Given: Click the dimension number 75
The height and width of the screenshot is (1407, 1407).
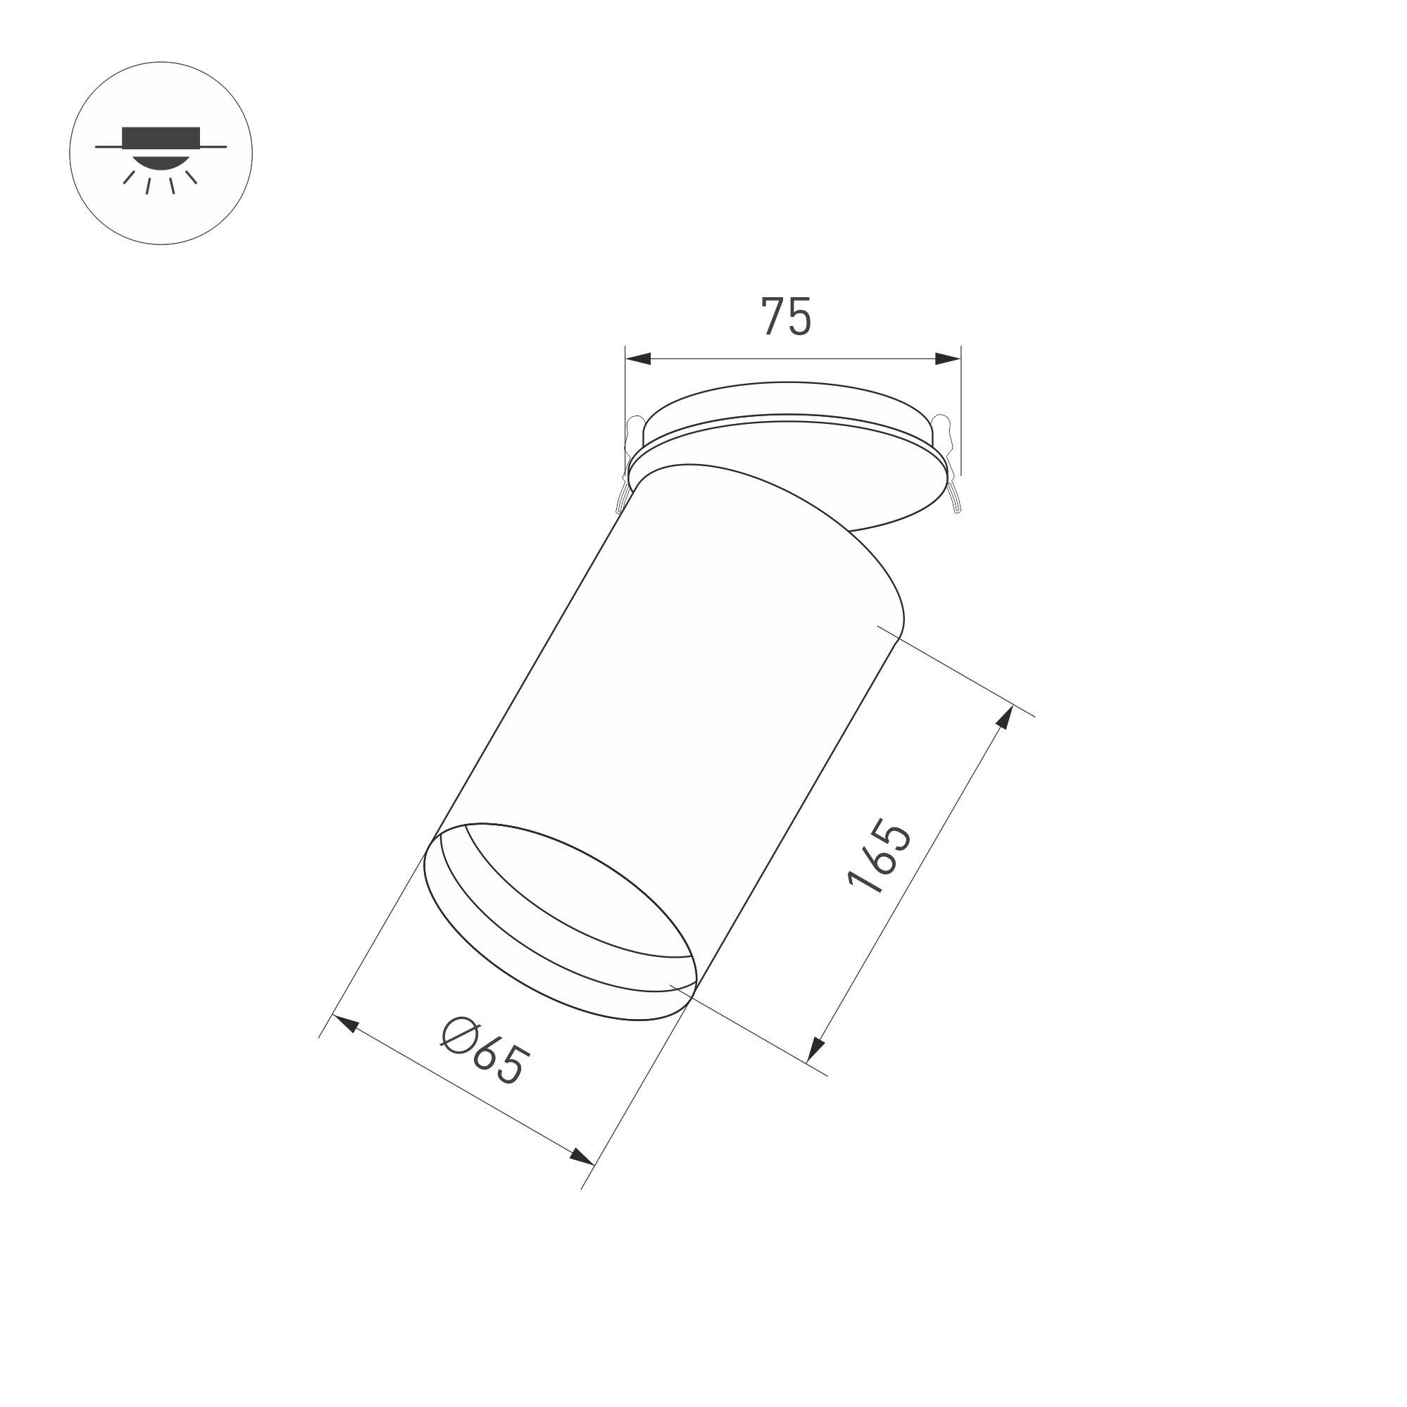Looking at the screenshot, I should click(x=786, y=317).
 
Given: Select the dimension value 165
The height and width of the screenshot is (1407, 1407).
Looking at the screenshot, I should click(x=879, y=857).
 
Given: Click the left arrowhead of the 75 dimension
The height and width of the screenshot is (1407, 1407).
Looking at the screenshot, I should click(x=638, y=358).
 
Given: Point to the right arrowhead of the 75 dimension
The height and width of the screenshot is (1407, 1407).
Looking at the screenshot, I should click(x=947, y=358).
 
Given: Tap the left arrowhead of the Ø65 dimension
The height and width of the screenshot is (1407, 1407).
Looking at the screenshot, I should click(x=345, y=1023).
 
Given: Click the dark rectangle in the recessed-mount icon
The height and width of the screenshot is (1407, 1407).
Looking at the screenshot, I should click(x=161, y=136).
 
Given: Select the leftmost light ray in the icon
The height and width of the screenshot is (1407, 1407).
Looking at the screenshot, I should click(x=129, y=177).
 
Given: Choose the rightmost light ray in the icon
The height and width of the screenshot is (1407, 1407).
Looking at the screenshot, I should click(x=192, y=177).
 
